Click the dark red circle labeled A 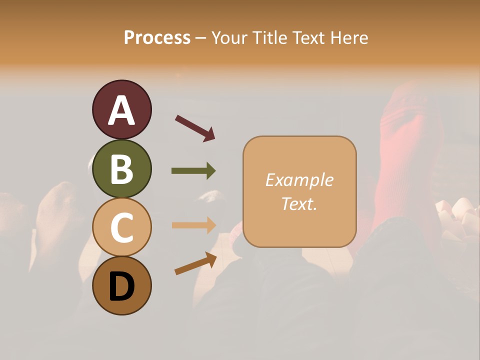point(121,109)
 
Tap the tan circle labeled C point(121,227)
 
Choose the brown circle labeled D point(121,285)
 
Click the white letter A point(121,110)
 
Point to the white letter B point(121,169)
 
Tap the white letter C point(121,227)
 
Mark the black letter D point(121,286)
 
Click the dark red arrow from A point(195,128)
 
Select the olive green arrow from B point(193,171)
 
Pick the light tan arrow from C point(193,225)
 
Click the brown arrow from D point(195,263)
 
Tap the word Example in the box point(299,180)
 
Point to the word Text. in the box point(299,203)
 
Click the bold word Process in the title point(157,37)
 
